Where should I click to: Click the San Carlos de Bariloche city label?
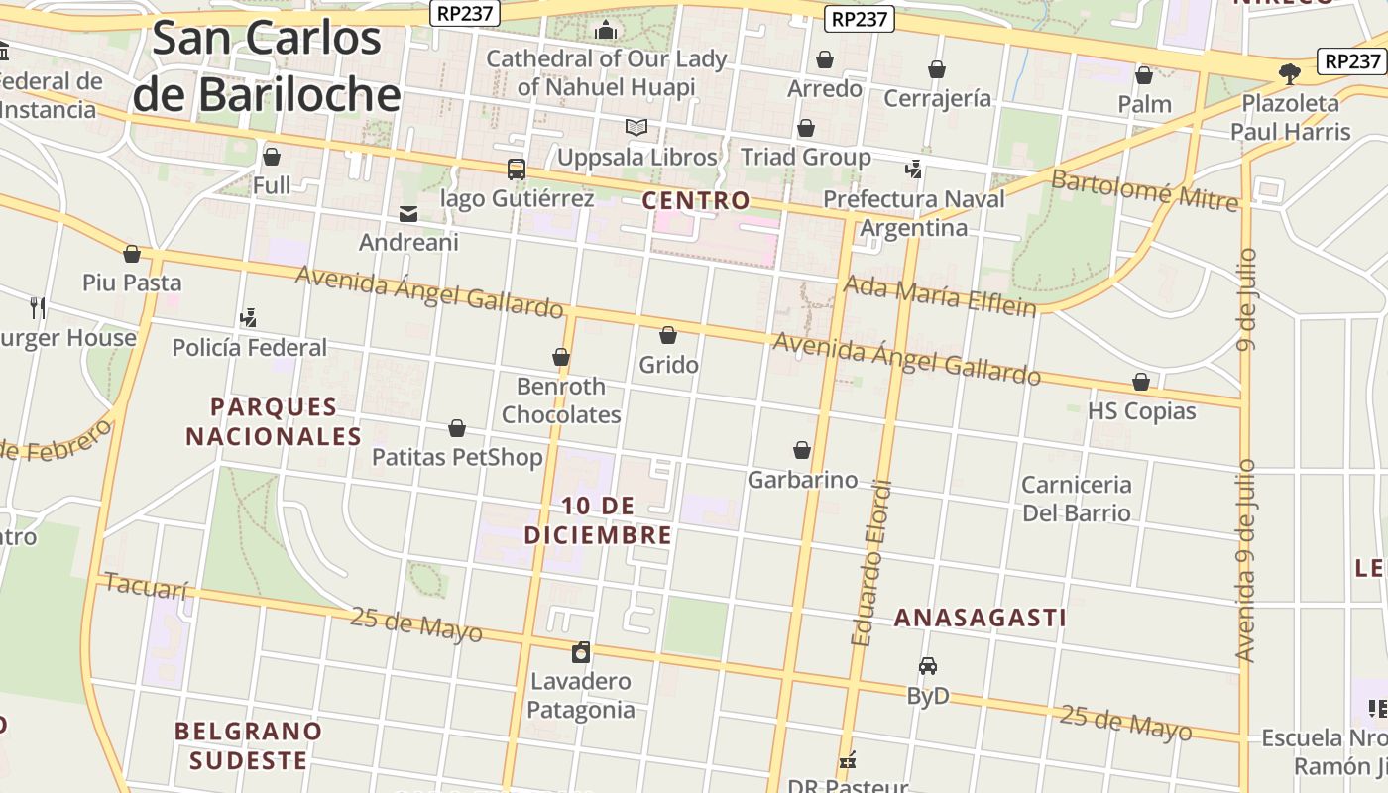click(267, 66)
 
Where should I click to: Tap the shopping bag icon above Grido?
click(668, 336)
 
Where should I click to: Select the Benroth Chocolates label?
click(561, 399)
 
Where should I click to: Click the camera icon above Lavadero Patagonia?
click(581, 652)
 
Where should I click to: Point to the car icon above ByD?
click(928, 666)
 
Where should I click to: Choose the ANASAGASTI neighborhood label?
click(980, 618)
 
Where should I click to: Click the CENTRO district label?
click(696, 200)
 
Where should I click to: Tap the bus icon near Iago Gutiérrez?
click(517, 170)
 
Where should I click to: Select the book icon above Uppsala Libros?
click(636, 128)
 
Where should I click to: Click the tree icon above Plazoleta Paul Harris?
click(1290, 73)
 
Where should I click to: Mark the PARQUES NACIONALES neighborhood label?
click(274, 421)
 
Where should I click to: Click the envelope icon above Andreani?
click(407, 214)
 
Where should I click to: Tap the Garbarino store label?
click(802, 480)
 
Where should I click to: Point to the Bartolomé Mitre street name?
click(1144, 189)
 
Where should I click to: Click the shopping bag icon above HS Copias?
click(1141, 383)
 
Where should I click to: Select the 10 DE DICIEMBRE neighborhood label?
click(598, 520)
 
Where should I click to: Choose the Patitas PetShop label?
click(457, 457)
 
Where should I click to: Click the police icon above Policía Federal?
click(249, 318)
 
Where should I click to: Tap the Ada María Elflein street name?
click(939, 295)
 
